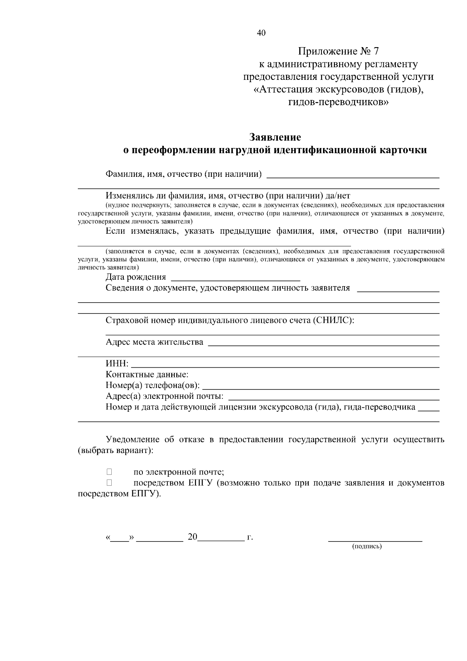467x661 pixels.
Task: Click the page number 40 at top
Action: click(261, 33)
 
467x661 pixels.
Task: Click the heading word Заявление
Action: click(275, 137)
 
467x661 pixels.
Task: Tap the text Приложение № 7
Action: click(338, 51)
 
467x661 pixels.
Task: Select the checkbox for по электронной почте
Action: click(109, 472)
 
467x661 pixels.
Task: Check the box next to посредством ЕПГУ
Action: click(109, 483)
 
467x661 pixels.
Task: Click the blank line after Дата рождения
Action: click(235, 279)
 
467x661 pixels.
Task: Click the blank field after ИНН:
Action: click(285, 365)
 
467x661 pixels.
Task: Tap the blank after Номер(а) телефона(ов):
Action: click(321, 387)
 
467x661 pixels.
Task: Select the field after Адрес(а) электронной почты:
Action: click(333, 398)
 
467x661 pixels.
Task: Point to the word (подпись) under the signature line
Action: click(367, 546)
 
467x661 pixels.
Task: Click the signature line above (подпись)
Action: click(375, 540)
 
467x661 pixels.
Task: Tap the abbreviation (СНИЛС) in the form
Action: click(333, 321)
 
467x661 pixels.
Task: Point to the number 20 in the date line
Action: click(192, 537)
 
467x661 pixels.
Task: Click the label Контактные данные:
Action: click(147, 375)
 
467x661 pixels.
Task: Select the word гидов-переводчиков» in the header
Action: click(338, 102)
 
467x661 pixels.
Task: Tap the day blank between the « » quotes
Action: click(119, 538)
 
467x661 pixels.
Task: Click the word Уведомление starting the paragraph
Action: click(133, 440)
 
